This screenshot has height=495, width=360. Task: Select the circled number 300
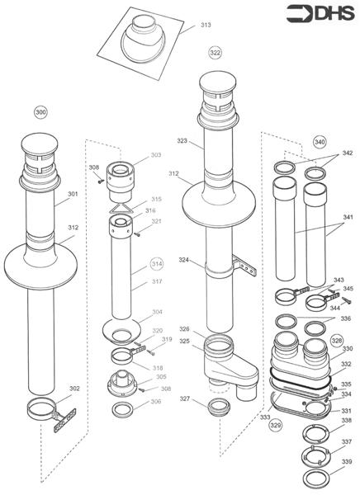tap(40, 111)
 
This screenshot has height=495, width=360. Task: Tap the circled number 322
tap(215, 52)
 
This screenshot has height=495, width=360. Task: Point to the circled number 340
tap(320, 140)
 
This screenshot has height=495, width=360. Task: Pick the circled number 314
tap(156, 264)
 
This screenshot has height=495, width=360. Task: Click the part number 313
tap(206, 26)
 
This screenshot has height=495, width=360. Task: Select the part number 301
tap(73, 195)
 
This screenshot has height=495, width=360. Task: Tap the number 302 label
tap(74, 388)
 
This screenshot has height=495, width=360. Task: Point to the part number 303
tap(155, 155)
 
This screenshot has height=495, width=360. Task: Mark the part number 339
tap(346, 461)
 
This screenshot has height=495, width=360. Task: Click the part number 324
tap(185, 260)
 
